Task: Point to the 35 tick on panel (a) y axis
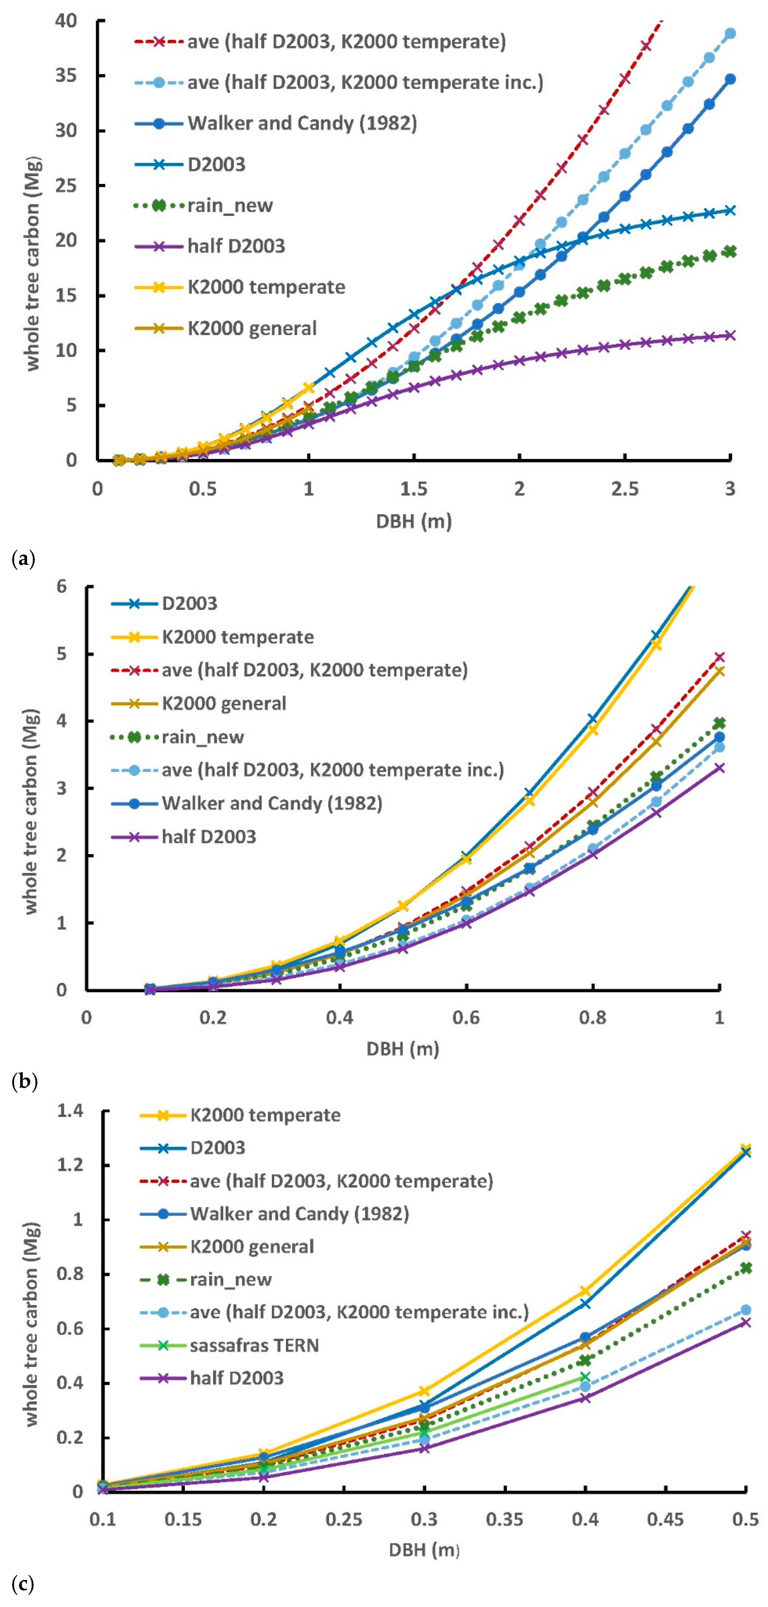point(69,75)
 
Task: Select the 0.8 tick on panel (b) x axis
point(593,1017)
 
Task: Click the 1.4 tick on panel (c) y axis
point(71,1111)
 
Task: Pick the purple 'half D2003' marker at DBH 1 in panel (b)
point(719,768)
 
